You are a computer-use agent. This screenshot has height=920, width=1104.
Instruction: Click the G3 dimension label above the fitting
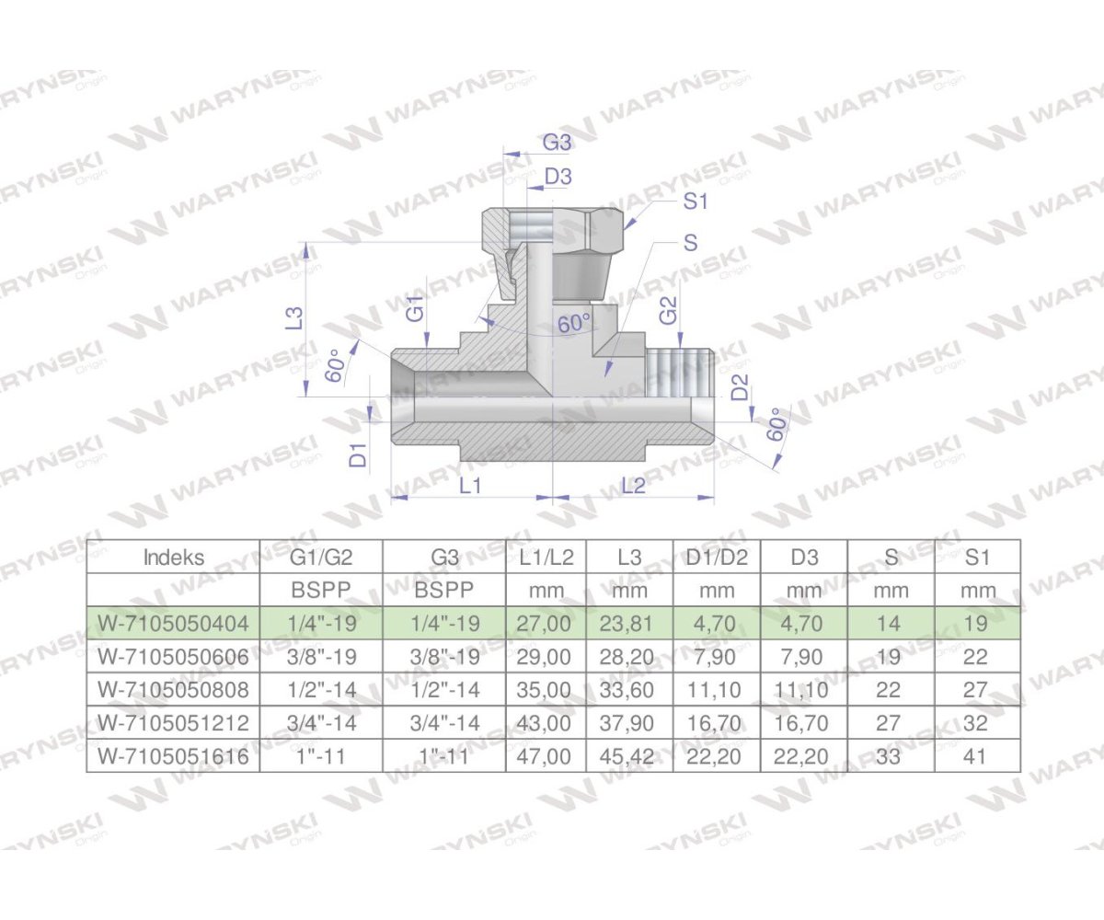pos(557,143)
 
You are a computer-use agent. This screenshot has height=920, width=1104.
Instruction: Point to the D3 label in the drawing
pos(558,176)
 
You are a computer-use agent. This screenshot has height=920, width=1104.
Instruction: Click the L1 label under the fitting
pos(470,486)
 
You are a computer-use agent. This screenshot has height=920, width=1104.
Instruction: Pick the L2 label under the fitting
pos(634,486)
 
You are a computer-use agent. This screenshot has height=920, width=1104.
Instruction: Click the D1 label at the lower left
pos(359,453)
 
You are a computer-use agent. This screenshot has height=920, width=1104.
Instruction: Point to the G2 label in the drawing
pos(669,310)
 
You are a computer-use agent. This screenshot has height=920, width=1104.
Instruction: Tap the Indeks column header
pos(174,557)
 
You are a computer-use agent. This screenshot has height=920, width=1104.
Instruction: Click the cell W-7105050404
pos(174,624)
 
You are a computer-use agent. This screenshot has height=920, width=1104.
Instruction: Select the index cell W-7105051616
pos(174,756)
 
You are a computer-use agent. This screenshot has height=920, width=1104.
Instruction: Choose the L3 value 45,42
pos(629,756)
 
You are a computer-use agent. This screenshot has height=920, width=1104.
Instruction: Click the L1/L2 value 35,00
pos(546,690)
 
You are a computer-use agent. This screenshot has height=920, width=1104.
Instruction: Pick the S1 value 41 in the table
pos(977,756)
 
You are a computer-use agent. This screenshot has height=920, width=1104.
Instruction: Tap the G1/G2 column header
pos(320,557)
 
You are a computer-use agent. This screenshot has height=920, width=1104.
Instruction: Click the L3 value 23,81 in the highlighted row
pos(629,624)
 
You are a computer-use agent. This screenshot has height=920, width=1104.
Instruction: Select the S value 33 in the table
pos(889,756)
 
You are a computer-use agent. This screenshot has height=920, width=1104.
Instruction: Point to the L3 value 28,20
pos(629,657)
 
